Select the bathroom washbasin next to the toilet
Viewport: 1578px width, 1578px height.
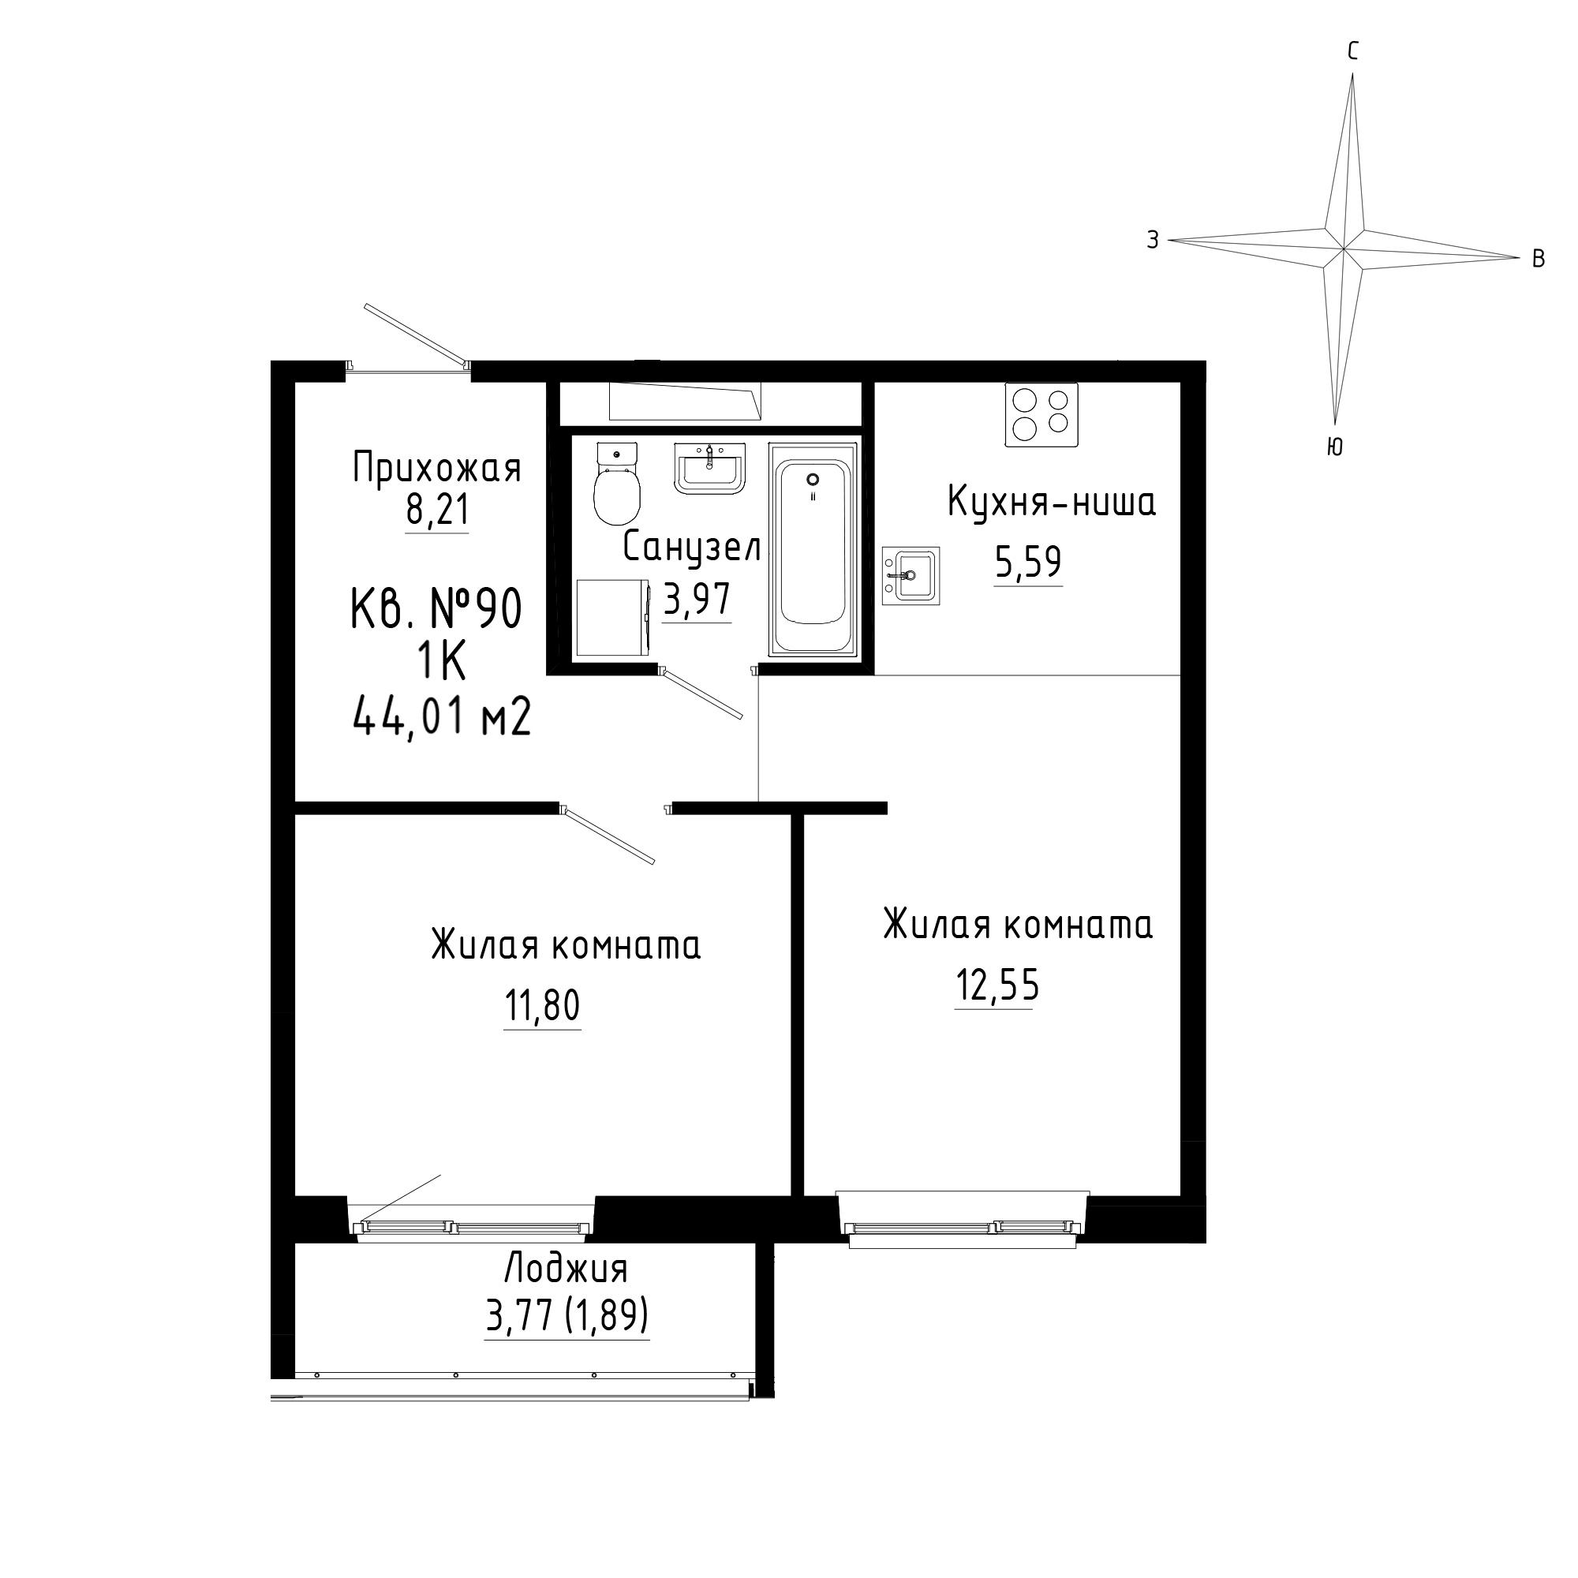pos(710,468)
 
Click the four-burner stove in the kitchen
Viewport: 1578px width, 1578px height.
pos(1041,414)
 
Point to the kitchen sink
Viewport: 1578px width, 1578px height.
pos(911,576)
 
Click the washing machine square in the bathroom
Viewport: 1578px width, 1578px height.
pos(612,618)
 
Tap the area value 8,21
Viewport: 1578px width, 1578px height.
pos(438,511)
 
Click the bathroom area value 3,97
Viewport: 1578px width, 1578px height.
pos(697,600)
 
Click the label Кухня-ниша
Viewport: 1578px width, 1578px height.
pos(1052,503)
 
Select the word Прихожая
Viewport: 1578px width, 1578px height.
pos(437,469)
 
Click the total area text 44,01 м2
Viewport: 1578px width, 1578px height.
pos(443,720)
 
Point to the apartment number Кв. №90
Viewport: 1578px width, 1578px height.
pos(436,610)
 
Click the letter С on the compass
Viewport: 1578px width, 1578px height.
pos(1353,51)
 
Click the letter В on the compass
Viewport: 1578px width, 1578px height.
pos(1539,259)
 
